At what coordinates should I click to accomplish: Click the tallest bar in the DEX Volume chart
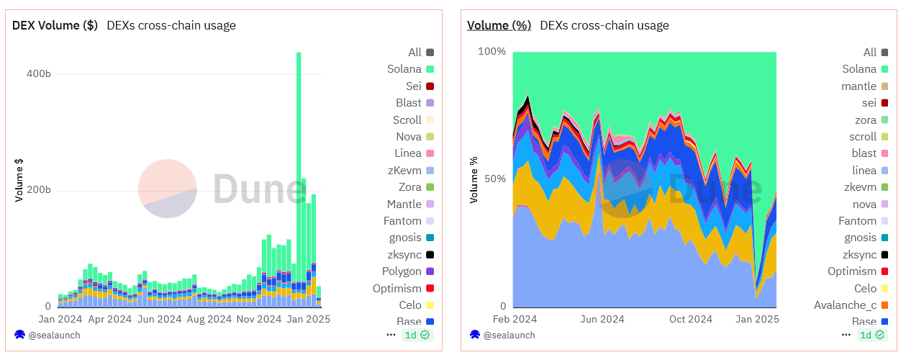[x=299, y=180]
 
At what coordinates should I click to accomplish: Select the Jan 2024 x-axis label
[x=60, y=318]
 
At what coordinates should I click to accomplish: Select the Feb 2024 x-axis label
[x=515, y=318]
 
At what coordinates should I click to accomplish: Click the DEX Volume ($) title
[x=55, y=25]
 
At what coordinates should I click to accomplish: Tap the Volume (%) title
[x=499, y=25]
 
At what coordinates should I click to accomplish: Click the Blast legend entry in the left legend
[x=409, y=103]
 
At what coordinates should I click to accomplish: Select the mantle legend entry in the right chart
[x=859, y=86]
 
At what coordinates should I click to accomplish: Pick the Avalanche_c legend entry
[x=845, y=305]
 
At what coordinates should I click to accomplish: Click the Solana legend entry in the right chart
[x=859, y=69]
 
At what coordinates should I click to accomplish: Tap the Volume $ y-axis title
[x=20, y=180]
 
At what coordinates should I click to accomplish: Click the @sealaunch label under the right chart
[x=509, y=335]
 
